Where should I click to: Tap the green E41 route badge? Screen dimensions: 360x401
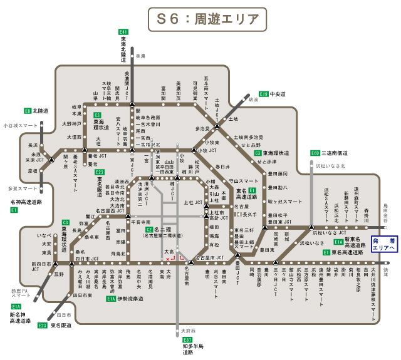point(123,32)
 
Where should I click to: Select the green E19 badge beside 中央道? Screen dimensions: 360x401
point(264,94)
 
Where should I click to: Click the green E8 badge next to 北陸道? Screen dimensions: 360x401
point(28,111)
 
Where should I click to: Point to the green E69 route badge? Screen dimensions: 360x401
point(315,153)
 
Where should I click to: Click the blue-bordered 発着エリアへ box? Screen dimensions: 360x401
point(383,244)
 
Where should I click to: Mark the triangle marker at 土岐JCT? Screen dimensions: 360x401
point(217,126)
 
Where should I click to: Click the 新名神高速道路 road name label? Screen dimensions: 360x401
point(22,317)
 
